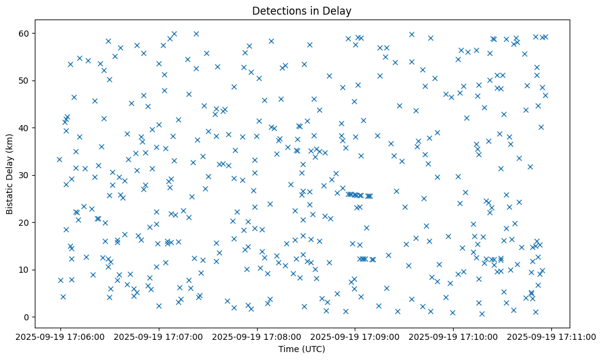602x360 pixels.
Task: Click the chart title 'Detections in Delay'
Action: pyautogui.click(x=302, y=11)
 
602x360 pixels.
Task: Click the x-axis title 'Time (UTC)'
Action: pyautogui.click(x=302, y=350)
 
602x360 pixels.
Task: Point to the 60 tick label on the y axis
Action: pyautogui.click(x=23, y=33)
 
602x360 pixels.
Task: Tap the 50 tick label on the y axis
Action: pyautogui.click(x=23, y=81)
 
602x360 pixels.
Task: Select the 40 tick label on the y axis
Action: pyautogui.click(x=23, y=128)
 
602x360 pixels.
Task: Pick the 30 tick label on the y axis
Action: pyautogui.click(x=23, y=175)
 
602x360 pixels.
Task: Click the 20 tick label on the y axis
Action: pyautogui.click(x=23, y=222)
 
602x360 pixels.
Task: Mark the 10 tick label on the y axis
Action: pyautogui.click(x=23, y=270)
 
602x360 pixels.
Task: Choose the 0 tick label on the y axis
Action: pyautogui.click(x=26, y=317)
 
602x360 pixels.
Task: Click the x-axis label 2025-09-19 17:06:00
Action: pyautogui.click(x=60, y=336)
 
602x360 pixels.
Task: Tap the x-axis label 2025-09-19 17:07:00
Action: pyautogui.click(x=159, y=336)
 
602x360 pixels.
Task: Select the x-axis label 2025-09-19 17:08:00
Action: pyautogui.click(x=257, y=336)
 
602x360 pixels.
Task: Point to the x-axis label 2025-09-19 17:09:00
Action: pyautogui.click(x=355, y=336)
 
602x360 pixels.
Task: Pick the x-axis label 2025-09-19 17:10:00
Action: pyautogui.click(x=454, y=336)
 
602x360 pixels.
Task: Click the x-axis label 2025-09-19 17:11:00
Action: pyautogui.click(x=552, y=336)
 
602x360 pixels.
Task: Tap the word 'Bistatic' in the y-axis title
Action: pyautogui.click(x=10, y=196)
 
